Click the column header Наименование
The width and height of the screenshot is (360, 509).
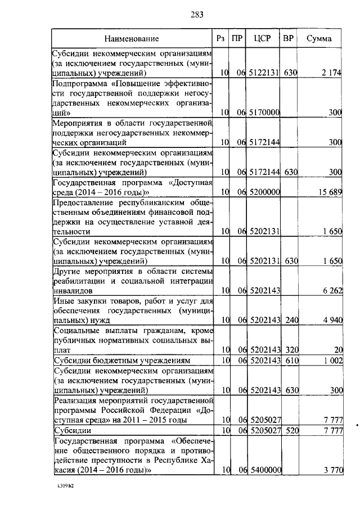131,39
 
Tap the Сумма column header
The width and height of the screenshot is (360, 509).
319,39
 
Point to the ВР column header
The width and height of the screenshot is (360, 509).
289,39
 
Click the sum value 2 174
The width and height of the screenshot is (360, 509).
331,73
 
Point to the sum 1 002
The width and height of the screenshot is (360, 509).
332,360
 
